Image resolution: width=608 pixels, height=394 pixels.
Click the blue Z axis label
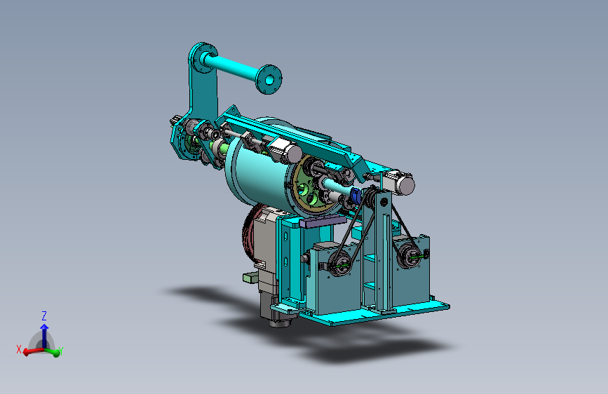[44, 315]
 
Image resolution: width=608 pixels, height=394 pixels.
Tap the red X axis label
[19, 349]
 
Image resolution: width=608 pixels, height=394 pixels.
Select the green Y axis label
[61, 351]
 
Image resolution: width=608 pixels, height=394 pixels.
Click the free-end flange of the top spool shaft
[269, 79]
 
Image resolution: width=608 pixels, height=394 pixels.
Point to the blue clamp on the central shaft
[355, 196]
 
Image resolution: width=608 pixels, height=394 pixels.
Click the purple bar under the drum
[323, 222]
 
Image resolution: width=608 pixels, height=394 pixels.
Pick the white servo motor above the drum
[285, 149]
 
